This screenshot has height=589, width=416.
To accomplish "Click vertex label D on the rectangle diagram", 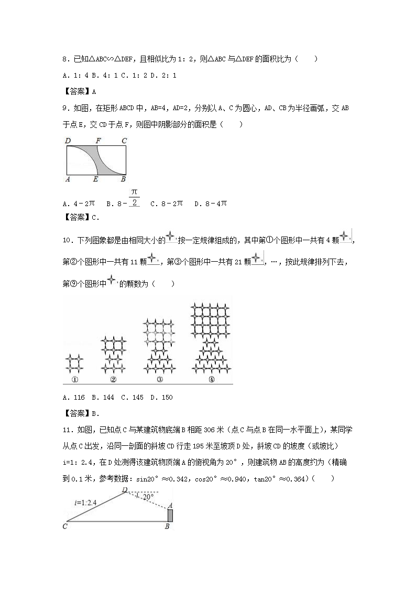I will coord(68,141).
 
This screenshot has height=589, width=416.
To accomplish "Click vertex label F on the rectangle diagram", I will coord(98,141).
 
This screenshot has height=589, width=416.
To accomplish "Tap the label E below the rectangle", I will coord(95,179).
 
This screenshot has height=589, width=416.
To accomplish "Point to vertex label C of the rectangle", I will coord(124,141).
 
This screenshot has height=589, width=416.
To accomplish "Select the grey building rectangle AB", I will coord(170,516).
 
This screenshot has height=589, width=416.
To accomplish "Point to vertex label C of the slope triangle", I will coord(65,526).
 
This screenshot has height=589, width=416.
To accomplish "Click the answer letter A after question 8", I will coord(94,91).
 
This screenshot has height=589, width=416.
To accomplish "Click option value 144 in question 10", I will coord(108,397).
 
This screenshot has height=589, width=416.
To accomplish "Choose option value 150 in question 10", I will coord(167,397).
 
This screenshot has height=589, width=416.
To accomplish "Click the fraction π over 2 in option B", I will coord(134,198).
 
